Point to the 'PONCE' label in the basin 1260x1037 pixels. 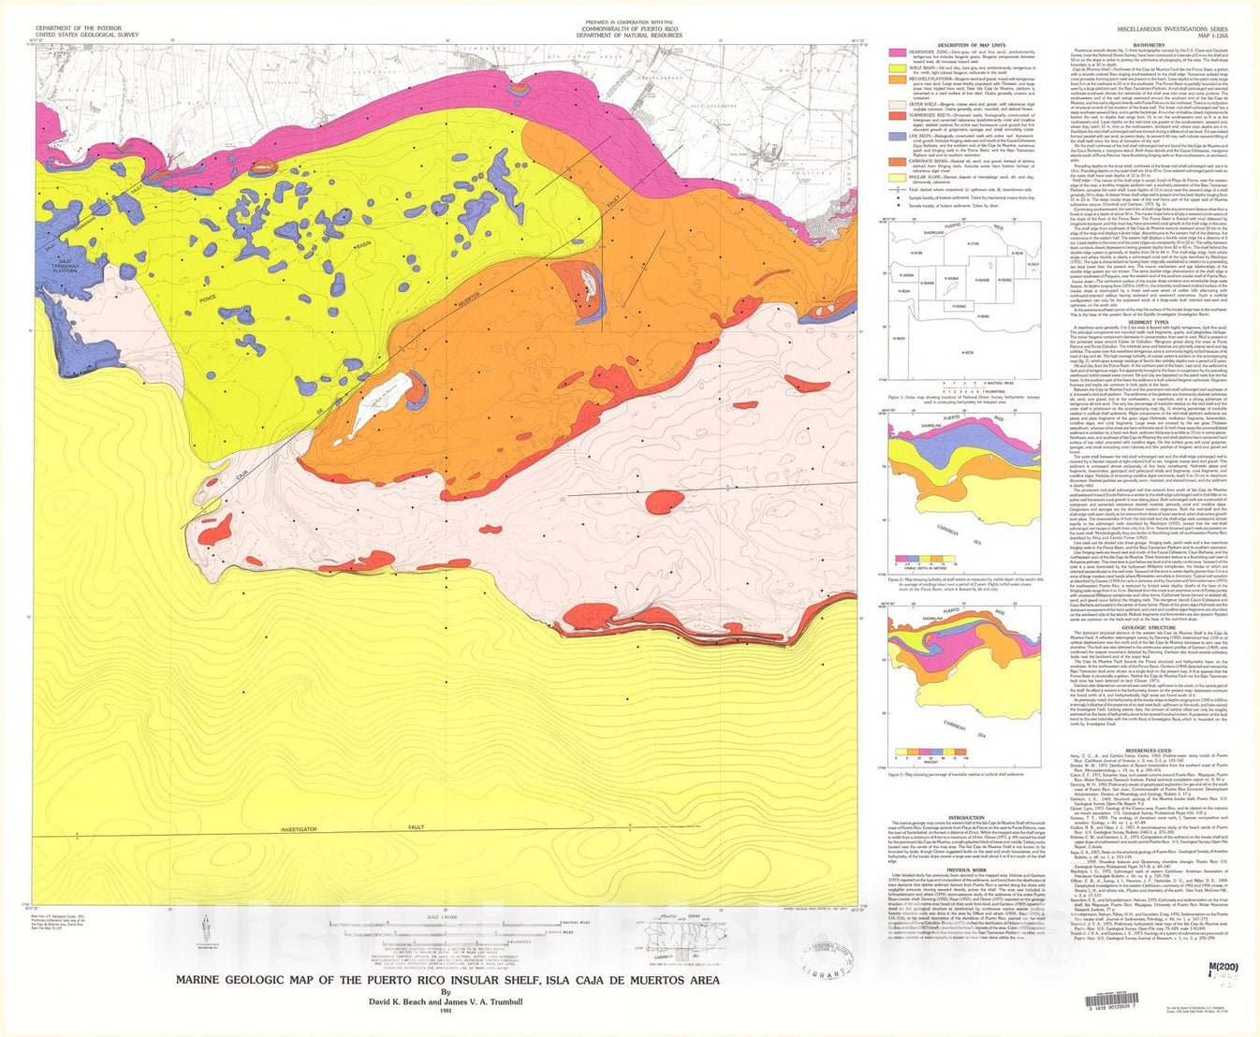(208, 300)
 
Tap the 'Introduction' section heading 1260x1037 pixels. (966, 817)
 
